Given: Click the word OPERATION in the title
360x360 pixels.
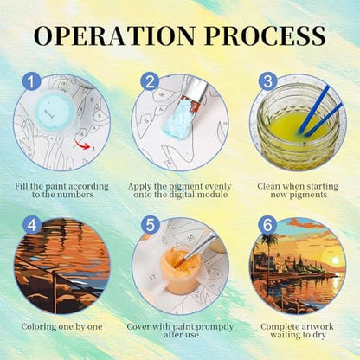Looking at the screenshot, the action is pos(115,35).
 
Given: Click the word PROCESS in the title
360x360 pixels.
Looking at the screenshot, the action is pos(266,35).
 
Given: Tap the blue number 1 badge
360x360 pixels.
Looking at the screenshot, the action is pos(31,81).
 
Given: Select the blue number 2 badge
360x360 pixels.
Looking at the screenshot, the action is pos(150,81).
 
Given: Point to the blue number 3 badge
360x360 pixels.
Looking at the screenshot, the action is pos(267,81).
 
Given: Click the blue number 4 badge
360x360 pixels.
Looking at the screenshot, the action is pos(32,225).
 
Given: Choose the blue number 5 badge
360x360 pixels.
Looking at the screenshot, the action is pos(151,225).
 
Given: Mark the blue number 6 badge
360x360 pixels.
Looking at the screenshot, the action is pos(267,225).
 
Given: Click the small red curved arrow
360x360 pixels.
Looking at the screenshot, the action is pos(82,145).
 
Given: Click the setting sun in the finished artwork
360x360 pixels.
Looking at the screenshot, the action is pos(335,260).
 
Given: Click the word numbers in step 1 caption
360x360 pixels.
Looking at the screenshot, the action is pos(75,195).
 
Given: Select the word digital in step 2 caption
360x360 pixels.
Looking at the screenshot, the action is pos(183,195).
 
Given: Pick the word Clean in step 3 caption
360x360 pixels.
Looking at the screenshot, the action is pos(268,186).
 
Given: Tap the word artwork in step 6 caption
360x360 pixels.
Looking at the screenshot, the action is pos(317,327).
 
